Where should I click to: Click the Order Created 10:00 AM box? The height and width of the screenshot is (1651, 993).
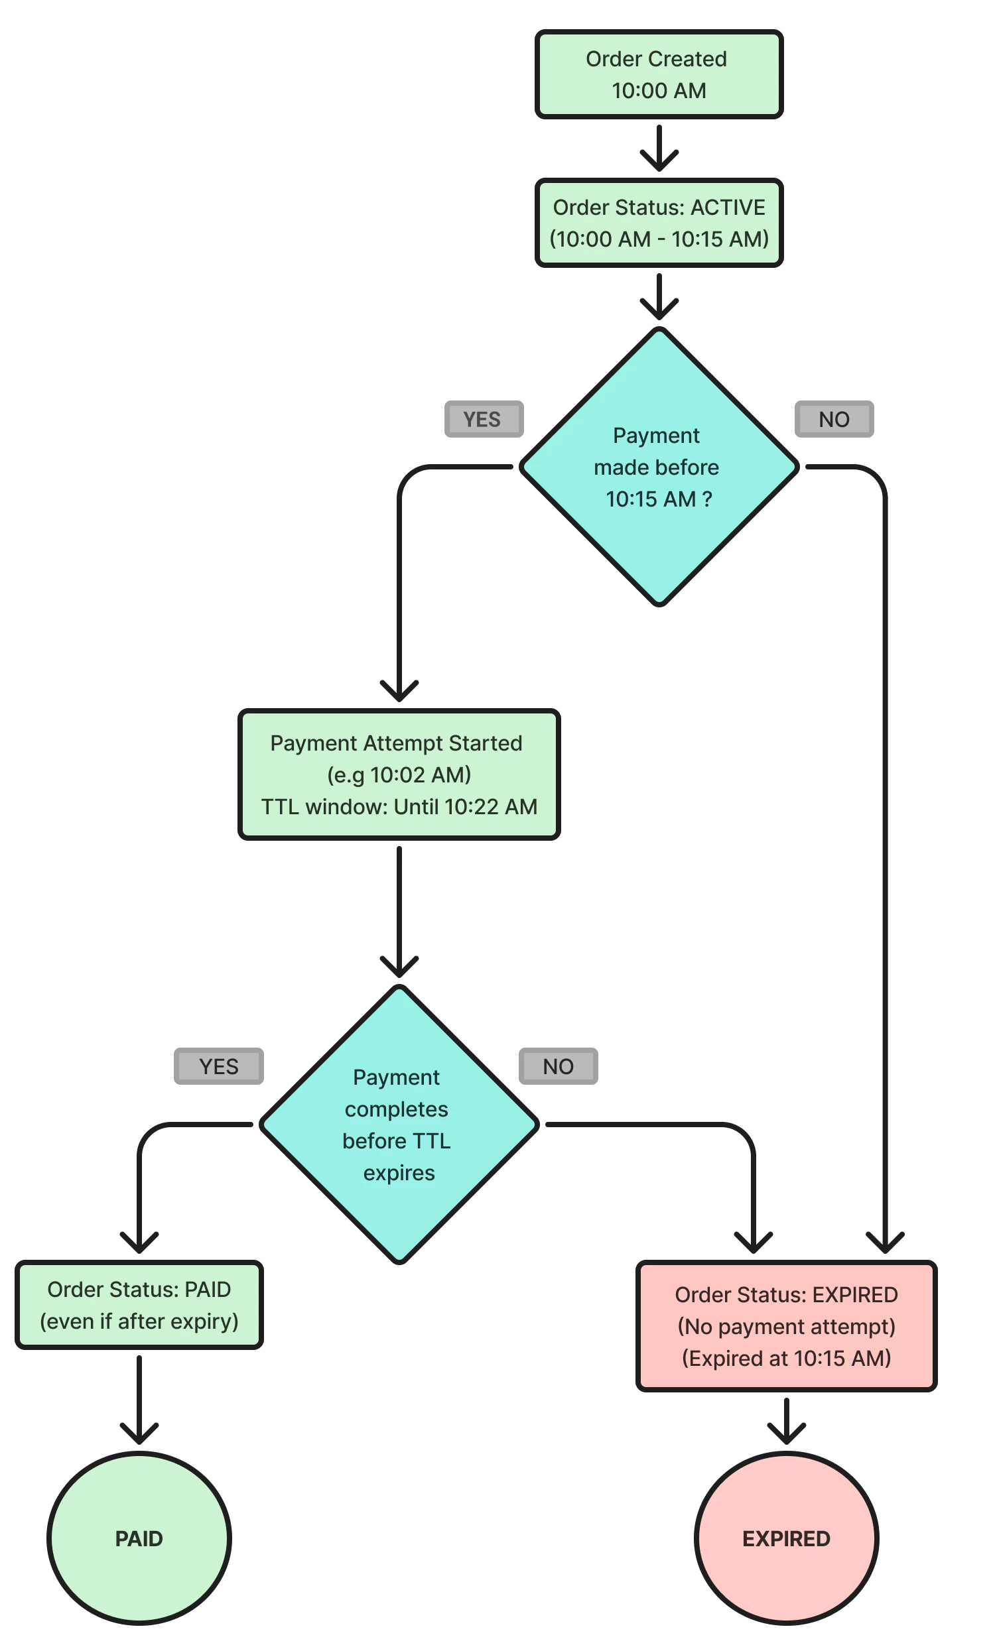[659, 74]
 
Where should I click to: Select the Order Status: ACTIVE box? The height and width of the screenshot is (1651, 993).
[659, 223]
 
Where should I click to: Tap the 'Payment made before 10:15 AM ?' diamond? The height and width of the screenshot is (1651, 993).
[659, 467]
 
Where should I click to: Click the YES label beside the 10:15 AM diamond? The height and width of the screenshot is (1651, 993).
[483, 419]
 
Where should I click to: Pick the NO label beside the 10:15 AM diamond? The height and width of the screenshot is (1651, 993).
[834, 419]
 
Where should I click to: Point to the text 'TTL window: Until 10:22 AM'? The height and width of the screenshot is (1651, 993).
[399, 806]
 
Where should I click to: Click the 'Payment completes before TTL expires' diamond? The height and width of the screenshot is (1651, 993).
[399, 1125]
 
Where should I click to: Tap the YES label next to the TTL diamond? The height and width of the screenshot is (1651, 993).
[218, 1066]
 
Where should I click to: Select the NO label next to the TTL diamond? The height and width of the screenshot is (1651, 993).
[558, 1066]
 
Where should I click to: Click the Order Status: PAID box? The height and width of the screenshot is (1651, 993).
[139, 1306]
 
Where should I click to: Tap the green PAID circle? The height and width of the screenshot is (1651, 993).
[139, 1538]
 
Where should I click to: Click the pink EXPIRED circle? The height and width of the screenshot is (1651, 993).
[786, 1538]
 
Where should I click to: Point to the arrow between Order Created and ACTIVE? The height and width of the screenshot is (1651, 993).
[659, 149]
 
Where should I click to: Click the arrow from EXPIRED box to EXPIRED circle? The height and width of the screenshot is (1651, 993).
[786, 1420]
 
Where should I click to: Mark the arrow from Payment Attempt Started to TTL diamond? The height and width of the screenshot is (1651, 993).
[399, 910]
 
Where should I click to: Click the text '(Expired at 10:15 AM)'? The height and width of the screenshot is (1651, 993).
[786, 1357]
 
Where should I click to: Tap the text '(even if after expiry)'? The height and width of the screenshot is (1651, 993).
[139, 1321]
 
